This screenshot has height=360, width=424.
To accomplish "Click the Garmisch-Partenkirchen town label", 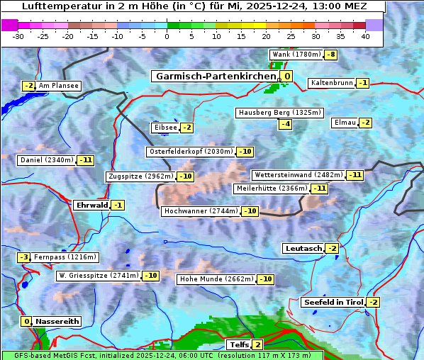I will tap(215, 77).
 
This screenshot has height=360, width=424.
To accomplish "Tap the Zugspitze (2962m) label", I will tap(140, 176).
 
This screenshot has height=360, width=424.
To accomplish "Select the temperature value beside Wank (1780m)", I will tap(331, 55).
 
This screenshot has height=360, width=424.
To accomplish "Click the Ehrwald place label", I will tap(92, 206).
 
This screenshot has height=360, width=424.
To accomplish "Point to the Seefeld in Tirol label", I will tap(333, 303).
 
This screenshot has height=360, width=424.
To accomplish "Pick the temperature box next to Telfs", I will tap(257, 345).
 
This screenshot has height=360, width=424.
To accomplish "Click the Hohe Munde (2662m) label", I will tap(217, 279).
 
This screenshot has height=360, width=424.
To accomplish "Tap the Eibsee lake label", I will tap(165, 128).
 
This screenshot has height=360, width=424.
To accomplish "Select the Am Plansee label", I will tap(58, 86).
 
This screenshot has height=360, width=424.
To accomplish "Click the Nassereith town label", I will tap(57, 321).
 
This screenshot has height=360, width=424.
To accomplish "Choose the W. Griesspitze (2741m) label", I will tap(99, 276).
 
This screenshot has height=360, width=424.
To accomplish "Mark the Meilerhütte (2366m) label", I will tap(272, 189).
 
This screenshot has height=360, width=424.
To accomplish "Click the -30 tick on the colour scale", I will tap(19, 36).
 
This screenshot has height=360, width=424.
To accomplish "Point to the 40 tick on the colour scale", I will tap(365, 36).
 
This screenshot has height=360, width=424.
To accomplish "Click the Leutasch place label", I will tap(303, 248).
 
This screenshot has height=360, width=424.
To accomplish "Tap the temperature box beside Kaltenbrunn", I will tap(363, 83).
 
